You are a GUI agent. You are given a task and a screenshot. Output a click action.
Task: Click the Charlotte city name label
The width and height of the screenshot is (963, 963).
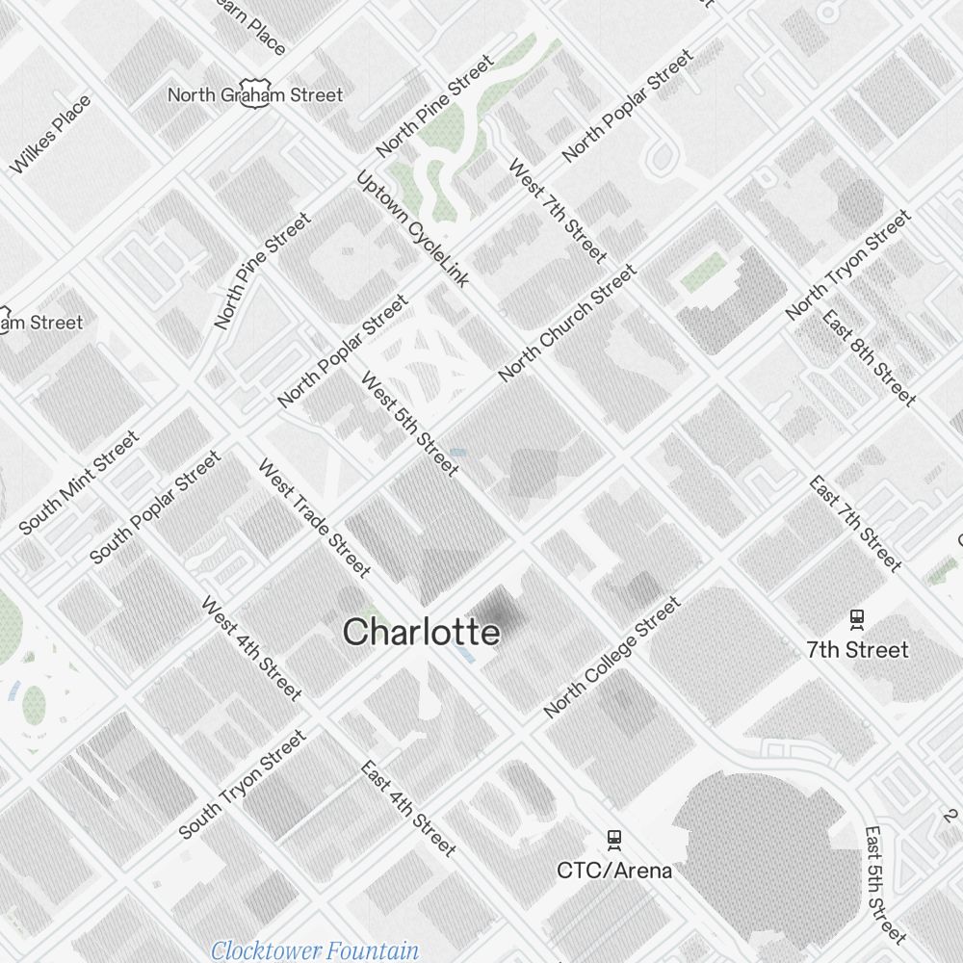(422, 633)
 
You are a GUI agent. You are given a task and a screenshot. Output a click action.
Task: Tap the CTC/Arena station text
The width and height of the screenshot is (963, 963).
(614, 871)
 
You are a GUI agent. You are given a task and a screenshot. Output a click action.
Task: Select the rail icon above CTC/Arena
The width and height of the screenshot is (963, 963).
(614, 840)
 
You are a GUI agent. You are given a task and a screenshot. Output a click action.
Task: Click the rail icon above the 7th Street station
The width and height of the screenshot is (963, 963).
(857, 619)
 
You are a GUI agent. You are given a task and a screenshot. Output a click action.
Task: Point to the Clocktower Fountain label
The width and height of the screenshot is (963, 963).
(315, 951)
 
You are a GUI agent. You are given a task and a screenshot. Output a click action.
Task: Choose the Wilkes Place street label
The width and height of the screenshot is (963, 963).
(51, 135)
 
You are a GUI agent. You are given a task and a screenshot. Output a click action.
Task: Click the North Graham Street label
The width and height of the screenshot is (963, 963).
(255, 94)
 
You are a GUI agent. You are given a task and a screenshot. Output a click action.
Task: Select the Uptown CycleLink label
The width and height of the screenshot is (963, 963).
(412, 229)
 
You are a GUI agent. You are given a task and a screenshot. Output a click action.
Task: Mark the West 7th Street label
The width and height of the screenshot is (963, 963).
(557, 211)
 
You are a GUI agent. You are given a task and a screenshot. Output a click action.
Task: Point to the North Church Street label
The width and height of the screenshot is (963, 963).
(568, 323)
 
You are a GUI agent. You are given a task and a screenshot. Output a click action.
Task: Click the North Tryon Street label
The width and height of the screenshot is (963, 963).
(847, 265)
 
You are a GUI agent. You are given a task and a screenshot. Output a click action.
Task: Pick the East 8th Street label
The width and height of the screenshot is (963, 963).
(868, 357)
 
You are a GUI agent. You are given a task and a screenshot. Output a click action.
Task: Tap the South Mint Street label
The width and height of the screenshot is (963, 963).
(79, 481)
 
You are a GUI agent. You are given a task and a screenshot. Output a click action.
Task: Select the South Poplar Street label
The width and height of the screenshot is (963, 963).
(154, 508)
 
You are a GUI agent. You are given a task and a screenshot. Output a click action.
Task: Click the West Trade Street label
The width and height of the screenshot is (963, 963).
(314, 518)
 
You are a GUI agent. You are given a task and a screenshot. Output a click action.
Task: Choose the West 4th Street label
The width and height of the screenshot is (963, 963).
(251, 647)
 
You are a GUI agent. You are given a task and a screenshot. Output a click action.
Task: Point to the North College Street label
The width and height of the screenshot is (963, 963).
(612, 658)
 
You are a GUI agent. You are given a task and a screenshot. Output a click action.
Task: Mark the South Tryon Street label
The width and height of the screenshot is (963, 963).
(243, 784)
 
